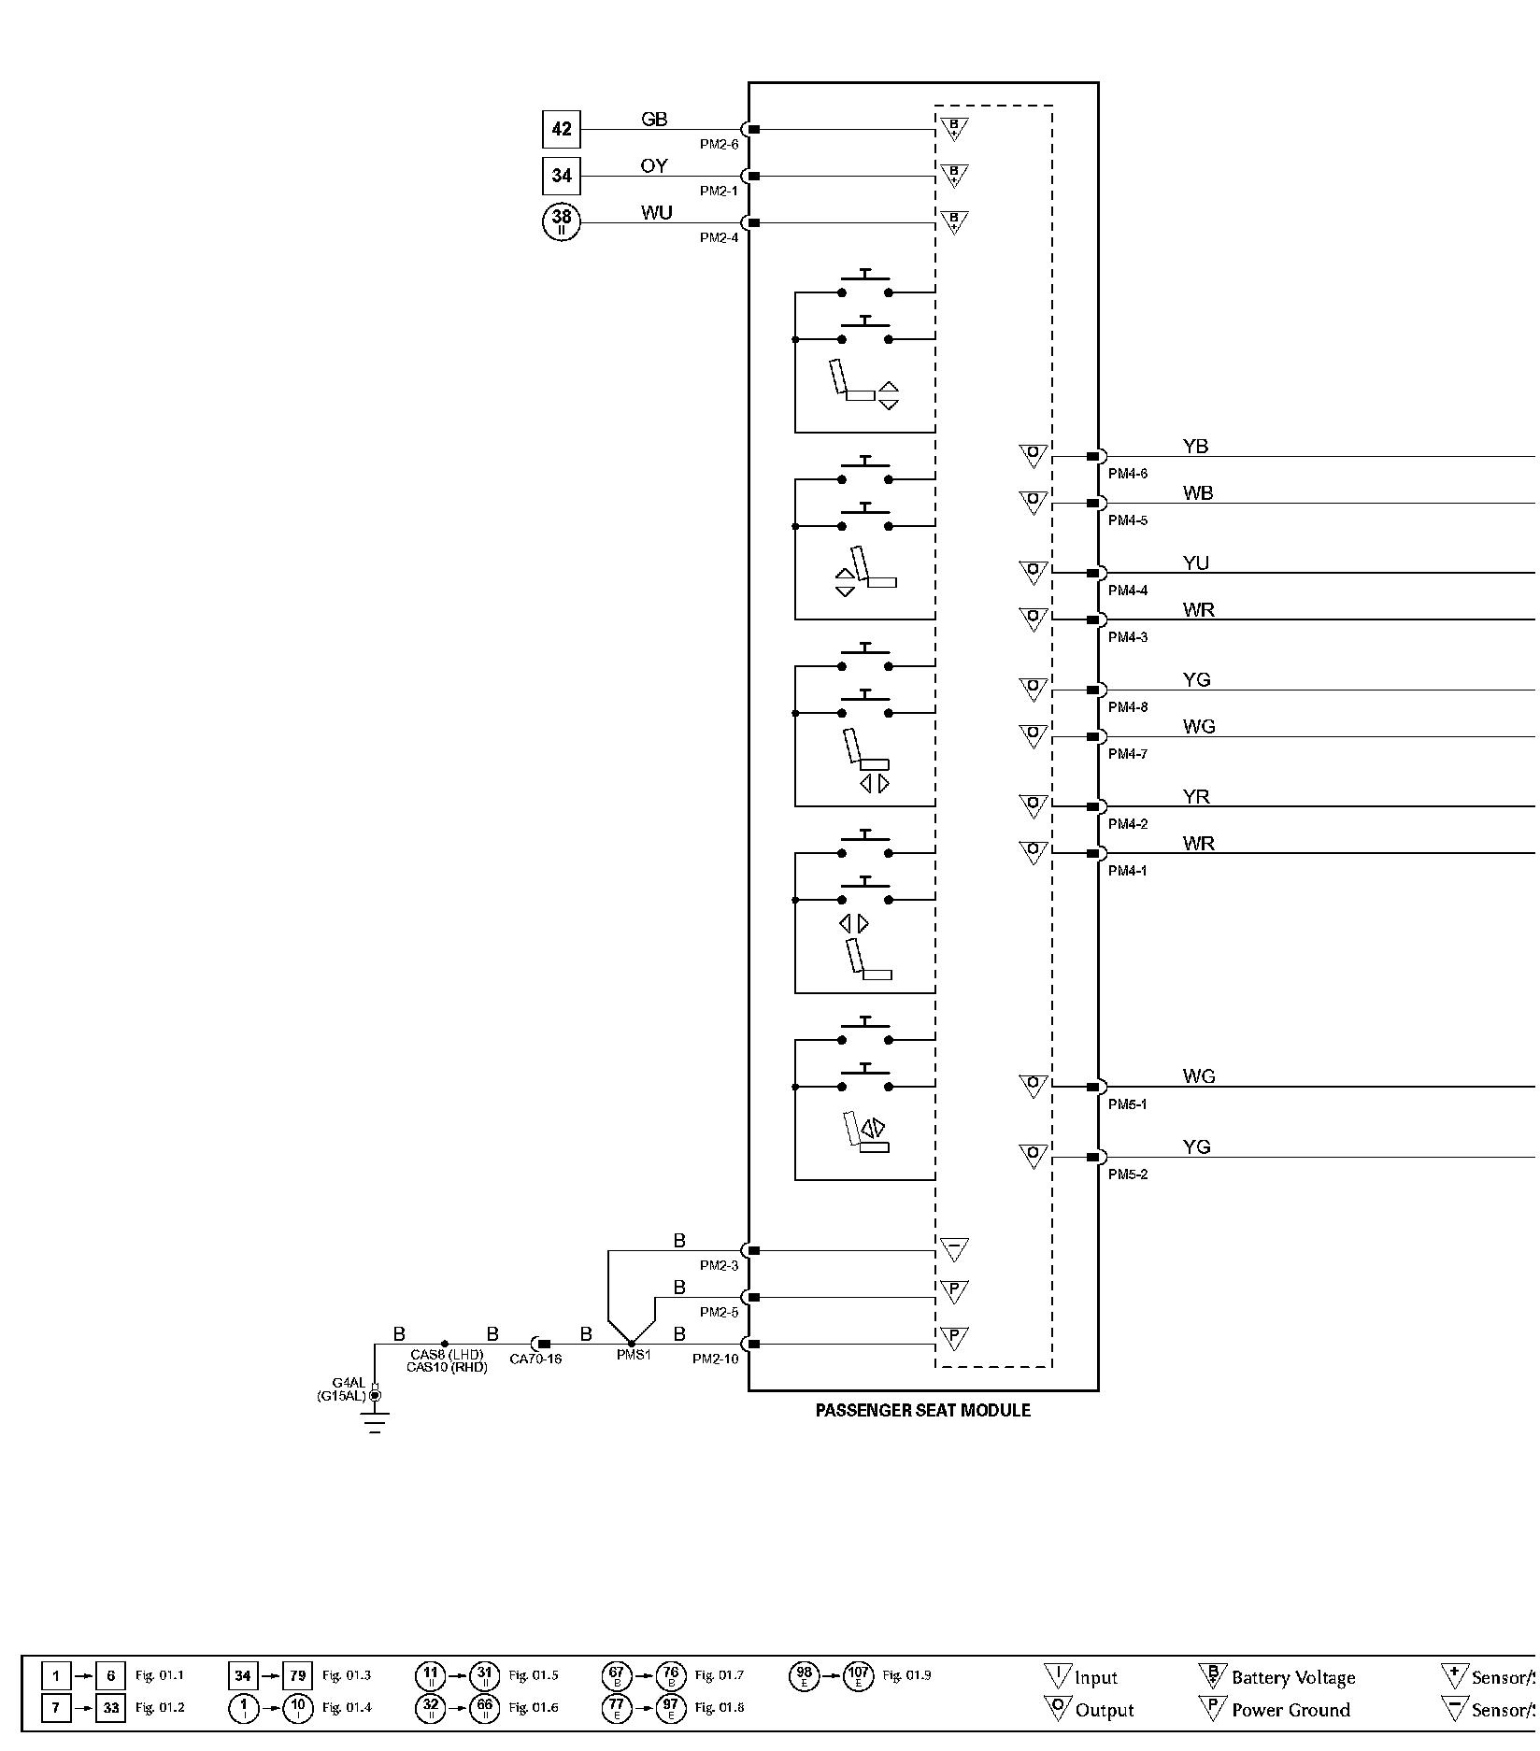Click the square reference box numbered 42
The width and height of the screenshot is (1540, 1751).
(561, 129)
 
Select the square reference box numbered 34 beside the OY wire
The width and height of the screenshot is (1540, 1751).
(561, 176)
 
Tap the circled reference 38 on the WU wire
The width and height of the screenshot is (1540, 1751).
(561, 222)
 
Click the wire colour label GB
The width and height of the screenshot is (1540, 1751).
(654, 119)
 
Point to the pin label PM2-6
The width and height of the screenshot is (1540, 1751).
(719, 145)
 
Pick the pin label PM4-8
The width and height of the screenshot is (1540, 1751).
(1128, 707)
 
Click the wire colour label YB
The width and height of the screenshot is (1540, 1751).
(1195, 447)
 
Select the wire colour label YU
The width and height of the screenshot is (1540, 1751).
(1195, 563)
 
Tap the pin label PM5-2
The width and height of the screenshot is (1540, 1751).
(1128, 1174)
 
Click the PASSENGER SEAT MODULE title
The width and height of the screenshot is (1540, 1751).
(922, 1410)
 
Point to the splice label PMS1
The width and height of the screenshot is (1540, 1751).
(633, 1355)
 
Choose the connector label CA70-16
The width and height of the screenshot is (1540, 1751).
(535, 1359)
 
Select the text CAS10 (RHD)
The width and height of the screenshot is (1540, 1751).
(447, 1367)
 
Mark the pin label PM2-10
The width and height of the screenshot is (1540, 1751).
(715, 1359)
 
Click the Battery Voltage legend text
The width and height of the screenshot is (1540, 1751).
(1292, 1677)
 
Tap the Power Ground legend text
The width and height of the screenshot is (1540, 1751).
(1290, 1710)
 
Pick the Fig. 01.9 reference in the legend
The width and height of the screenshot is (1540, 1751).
(906, 1675)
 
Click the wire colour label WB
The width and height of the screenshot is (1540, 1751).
(1197, 493)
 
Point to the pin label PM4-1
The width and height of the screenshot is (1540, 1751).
(1128, 871)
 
